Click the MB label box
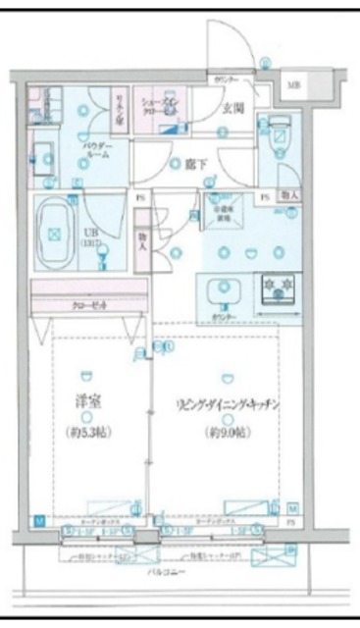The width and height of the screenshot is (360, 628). click(x=294, y=85)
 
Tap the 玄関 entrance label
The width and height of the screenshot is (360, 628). click(x=232, y=109)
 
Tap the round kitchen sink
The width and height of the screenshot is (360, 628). click(x=228, y=288)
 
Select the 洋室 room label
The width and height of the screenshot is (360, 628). click(x=87, y=402)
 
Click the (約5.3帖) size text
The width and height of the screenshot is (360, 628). click(x=87, y=432)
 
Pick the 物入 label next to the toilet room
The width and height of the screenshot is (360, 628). click(x=290, y=196)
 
